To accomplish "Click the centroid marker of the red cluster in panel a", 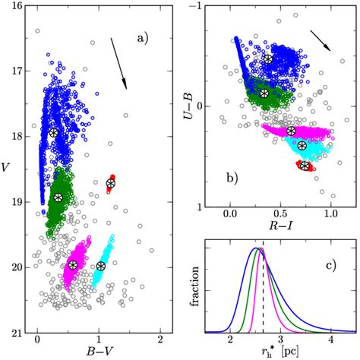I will click(111, 183).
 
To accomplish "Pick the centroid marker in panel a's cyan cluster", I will click(101, 265).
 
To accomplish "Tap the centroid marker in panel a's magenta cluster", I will click(73, 264).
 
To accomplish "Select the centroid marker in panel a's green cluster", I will click(58, 197).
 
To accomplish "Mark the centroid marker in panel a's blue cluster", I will click(54, 132).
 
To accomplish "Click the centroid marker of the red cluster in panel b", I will click(305, 166).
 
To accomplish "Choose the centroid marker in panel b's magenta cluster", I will click(291, 131).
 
